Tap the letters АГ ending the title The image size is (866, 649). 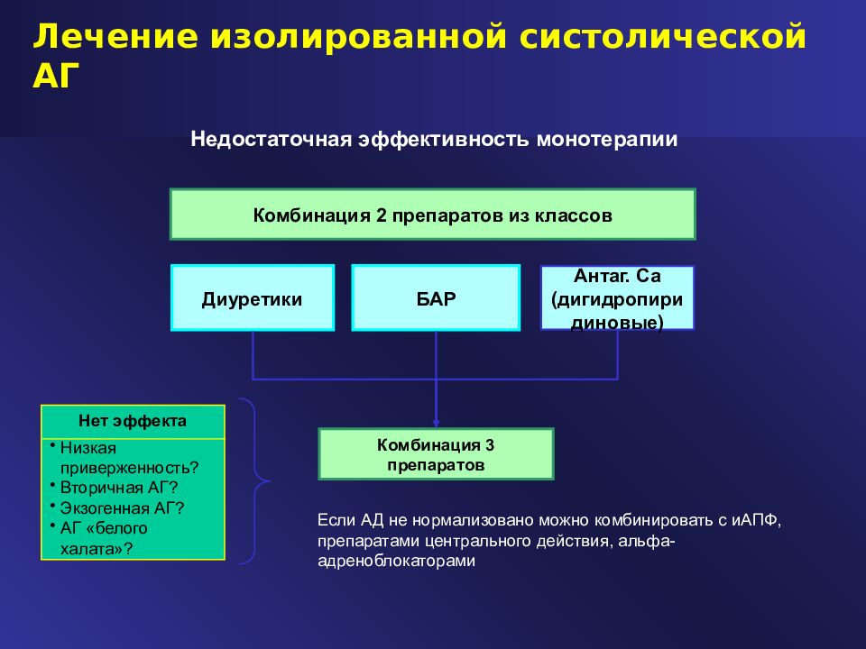tap(57, 77)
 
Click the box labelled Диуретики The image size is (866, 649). tap(252, 297)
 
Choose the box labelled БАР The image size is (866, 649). tap(435, 297)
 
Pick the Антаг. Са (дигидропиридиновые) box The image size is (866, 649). tap(617, 297)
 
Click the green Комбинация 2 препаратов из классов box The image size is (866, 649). tap(432, 215)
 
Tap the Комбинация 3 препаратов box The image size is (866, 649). tap(436, 454)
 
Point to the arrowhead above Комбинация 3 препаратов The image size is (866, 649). tap(436, 422)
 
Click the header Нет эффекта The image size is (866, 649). tap(133, 421)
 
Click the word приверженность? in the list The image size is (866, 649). tap(129, 467)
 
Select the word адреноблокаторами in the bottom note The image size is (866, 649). tap(395, 560)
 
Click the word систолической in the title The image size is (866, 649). tap(673, 38)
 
